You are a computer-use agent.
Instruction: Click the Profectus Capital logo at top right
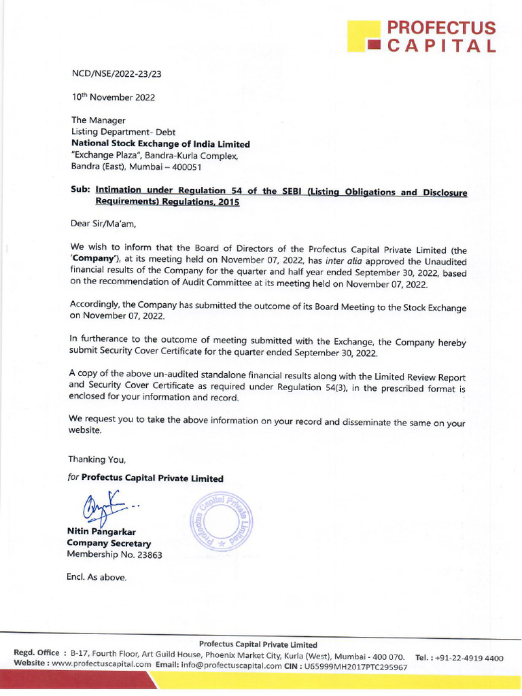[x=421, y=37]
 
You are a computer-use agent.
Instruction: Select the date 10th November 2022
[x=114, y=97]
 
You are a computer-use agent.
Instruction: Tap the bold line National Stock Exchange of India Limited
[x=161, y=144]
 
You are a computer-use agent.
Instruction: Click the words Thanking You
[x=97, y=459]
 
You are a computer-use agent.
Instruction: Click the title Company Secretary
[x=109, y=543]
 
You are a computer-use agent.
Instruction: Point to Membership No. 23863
[x=114, y=555]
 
